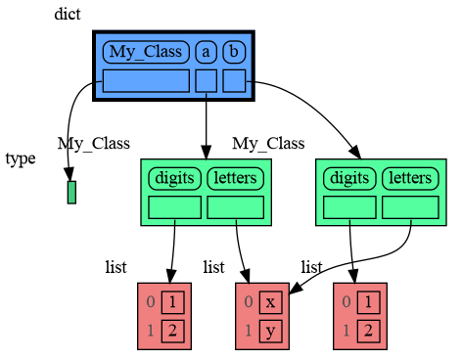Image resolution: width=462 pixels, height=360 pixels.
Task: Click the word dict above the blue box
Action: click(x=68, y=14)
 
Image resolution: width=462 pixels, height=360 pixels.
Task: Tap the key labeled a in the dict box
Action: click(x=206, y=51)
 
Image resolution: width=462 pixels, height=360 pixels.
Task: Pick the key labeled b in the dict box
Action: click(x=234, y=51)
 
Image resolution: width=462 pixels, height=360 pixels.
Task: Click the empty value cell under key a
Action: click(x=206, y=80)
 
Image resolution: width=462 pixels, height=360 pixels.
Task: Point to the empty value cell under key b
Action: click(x=234, y=80)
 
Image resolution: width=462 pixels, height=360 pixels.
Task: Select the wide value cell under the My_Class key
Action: click(x=145, y=80)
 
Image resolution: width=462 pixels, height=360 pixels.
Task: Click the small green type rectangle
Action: click(x=71, y=192)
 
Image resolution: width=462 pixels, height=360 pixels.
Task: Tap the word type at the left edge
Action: click(x=20, y=159)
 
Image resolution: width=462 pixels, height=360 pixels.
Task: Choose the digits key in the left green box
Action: click(x=174, y=178)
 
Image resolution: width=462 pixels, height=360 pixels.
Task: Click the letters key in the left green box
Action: click(x=235, y=178)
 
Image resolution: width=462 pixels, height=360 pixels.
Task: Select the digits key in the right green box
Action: click(x=349, y=178)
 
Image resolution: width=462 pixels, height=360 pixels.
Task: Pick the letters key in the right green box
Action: click(x=410, y=178)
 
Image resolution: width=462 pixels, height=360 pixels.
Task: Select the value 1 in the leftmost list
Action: click(x=172, y=302)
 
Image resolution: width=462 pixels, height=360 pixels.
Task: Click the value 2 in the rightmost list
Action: click(x=368, y=330)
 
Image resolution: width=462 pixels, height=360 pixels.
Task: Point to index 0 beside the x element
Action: click(x=250, y=302)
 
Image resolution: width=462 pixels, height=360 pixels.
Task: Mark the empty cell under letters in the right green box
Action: click(x=410, y=207)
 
